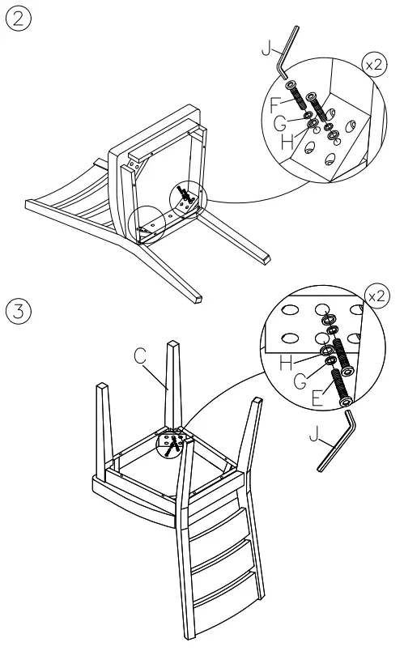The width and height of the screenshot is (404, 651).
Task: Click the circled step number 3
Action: tap(17, 310)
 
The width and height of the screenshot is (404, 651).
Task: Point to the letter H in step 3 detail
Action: tap(286, 364)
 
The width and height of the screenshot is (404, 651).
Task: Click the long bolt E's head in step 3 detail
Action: tap(347, 371)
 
